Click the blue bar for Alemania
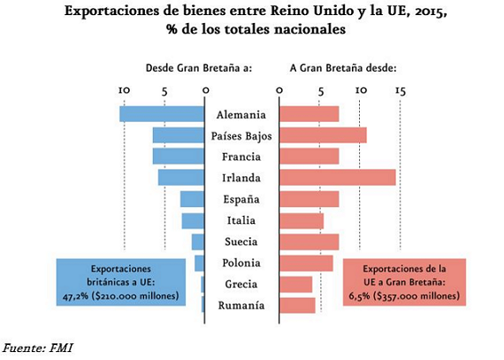point(163,114)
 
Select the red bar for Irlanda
point(337,178)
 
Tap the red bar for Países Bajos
point(323,135)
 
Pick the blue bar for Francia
point(179,157)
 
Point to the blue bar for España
point(193,199)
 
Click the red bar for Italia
point(302,220)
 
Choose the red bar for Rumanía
point(297,305)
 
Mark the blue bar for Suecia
point(198,241)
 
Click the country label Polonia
point(241,263)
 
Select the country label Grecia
point(241,284)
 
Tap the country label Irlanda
point(241,178)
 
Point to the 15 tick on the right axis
point(400,90)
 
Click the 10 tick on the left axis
point(124,90)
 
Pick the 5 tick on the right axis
point(319,90)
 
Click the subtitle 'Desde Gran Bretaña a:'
point(199,67)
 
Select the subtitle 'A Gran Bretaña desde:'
point(343,67)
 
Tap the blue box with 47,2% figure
point(121,281)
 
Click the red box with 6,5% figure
point(404,281)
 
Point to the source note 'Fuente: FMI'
point(37,348)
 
